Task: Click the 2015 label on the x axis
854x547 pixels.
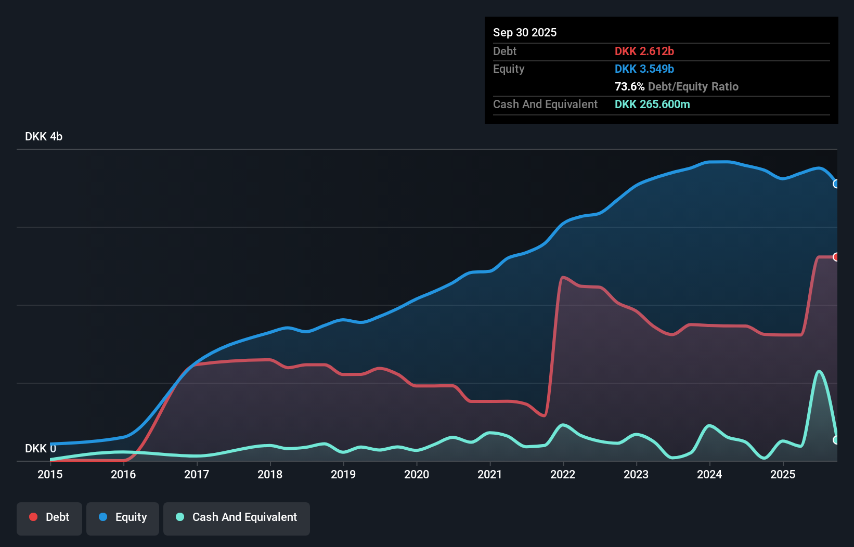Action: [x=50, y=474]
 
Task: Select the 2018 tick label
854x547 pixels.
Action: [x=270, y=474]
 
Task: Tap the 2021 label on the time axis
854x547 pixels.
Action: [x=490, y=474]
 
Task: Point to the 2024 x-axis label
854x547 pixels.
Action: [x=709, y=474]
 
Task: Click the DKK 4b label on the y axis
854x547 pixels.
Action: [x=44, y=136]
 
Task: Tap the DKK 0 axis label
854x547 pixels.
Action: [x=41, y=448]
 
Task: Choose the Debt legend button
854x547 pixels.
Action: [x=49, y=517]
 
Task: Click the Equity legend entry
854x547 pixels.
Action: [x=123, y=517]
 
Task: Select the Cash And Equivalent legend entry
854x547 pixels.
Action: [x=237, y=517]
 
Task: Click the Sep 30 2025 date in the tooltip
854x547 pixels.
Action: [x=525, y=32]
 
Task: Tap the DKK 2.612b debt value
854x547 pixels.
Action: [x=644, y=51]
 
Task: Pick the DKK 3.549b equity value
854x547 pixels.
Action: [x=644, y=69]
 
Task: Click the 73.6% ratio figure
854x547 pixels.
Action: [x=629, y=86]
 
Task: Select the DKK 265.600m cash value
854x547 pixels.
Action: [x=652, y=104]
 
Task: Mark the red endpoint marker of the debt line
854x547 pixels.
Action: [x=836, y=257]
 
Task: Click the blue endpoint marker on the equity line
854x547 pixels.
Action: [x=836, y=184]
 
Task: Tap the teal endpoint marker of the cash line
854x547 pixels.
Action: [x=836, y=440]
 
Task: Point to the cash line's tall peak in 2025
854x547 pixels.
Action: [x=819, y=371]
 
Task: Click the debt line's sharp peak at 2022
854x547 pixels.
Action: [x=563, y=277]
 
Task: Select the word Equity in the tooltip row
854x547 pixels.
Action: [x=509, y=69]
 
